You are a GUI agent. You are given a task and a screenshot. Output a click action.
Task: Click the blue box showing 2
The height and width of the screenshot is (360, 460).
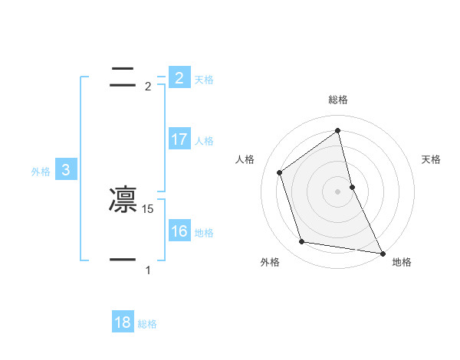coord(179,77)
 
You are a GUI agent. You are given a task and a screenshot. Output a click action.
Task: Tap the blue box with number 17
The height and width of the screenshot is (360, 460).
coord(179,139)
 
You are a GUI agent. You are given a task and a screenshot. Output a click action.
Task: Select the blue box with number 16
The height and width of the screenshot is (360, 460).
coord(179,231)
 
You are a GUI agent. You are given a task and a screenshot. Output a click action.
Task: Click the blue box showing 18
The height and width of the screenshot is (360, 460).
coord(123,322)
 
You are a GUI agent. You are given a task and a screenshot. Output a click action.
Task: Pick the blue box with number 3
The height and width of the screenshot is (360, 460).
coord(66,170)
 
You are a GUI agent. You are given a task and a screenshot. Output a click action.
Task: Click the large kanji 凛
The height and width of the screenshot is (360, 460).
coord(123,200)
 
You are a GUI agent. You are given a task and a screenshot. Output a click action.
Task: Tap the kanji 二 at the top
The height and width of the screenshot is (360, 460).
coord(123,77)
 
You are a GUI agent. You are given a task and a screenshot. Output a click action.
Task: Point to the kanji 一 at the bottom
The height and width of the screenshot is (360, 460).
coord(123,260)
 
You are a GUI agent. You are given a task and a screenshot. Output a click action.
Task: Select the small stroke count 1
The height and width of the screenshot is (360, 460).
coord(148,270)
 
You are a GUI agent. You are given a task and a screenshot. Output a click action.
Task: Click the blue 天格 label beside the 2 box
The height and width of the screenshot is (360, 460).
coord(204,79)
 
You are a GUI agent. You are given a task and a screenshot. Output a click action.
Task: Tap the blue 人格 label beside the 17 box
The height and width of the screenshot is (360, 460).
coord(204,141)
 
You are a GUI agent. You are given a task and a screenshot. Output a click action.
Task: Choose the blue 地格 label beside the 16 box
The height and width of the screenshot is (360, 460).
coord(204,233)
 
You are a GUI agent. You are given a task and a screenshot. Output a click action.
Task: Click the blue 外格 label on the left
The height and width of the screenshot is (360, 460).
coord(41,172)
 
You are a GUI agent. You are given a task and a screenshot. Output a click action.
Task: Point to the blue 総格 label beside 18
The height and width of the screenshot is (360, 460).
coord(147,324)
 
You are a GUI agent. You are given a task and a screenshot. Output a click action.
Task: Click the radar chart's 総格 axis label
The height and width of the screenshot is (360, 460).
coord(338,100)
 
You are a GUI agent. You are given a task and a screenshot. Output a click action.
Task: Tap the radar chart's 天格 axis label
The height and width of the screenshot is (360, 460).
coord(431,159)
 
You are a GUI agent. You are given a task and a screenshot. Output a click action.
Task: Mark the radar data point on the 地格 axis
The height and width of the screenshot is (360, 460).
coord(382,253)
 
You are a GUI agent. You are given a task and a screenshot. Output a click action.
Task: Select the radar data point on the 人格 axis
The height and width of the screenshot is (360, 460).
coord(279,172)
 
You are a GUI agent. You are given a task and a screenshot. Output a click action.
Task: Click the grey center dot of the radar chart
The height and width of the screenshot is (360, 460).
coord(338,191)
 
